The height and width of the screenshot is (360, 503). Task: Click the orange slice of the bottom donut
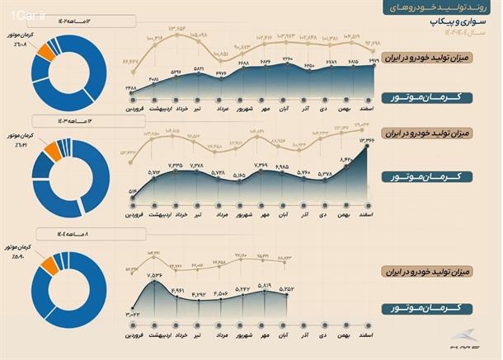pos(46,263)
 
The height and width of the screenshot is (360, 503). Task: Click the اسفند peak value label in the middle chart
pos(367,141)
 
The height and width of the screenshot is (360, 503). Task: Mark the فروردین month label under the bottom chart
pos(134,335)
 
